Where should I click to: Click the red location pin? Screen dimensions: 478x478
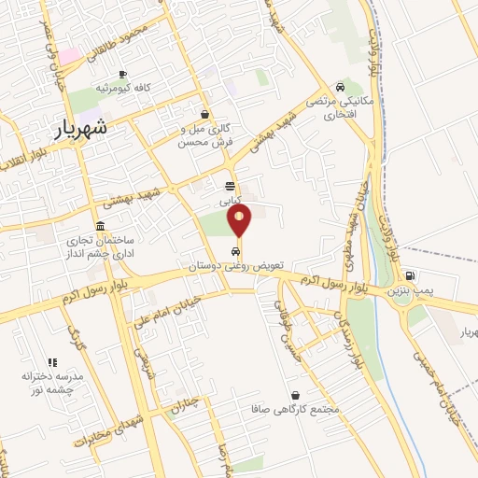click(x=240, y=220)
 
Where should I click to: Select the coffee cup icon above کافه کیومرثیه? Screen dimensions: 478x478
click(x=121, y=74)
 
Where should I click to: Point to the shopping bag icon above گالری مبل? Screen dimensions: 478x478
click(x=204, y=114)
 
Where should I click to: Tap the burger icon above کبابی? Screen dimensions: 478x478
click(x=230, y=186)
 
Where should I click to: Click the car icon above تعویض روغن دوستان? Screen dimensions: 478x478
click(x=232, y=251)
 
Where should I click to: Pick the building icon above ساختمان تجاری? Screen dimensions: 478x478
click(x=101, y=226)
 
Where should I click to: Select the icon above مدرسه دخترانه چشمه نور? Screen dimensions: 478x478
click(x=52, y=362)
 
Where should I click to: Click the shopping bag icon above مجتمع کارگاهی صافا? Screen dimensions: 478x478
click(x=295, y=395)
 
